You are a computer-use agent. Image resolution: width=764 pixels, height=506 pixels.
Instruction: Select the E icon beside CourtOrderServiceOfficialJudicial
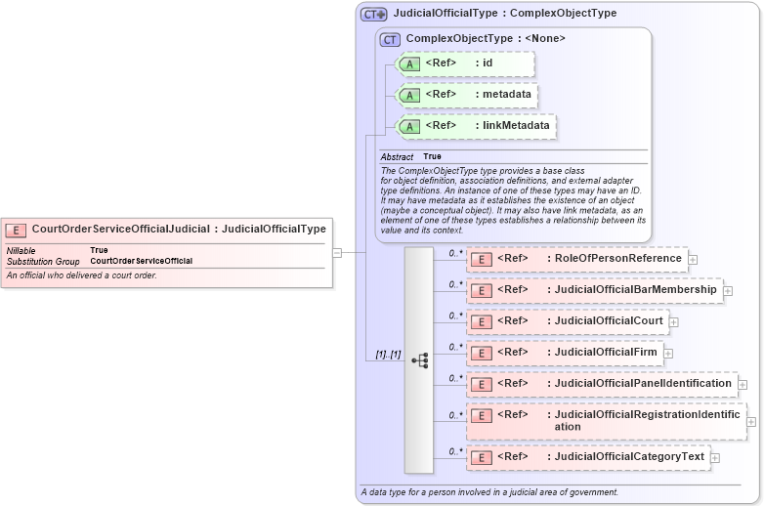coord(17,230)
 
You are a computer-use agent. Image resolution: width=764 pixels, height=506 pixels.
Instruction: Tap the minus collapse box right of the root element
coord(337,252)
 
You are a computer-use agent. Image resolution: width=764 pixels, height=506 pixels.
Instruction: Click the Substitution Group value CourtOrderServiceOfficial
coord(141,261)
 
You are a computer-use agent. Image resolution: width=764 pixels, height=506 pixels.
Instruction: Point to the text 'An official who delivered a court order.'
coord(82,275)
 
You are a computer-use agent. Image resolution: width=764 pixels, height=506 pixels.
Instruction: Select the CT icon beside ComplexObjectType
coord(391,39)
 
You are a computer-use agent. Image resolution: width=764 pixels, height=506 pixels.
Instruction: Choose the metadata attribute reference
coord(467,95)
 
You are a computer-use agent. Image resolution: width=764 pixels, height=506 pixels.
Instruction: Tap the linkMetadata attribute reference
coord(475,126)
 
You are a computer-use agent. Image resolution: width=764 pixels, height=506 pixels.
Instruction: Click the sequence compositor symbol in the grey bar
coord(419,360)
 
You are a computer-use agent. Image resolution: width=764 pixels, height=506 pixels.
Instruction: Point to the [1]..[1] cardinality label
coord(389,355)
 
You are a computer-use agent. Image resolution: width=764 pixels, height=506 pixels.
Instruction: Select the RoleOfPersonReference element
coord(577,259)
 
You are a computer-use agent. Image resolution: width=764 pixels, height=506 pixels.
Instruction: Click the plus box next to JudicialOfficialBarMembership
coord(728,291)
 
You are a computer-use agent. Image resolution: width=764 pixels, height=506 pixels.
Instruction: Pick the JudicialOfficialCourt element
coord(568,321)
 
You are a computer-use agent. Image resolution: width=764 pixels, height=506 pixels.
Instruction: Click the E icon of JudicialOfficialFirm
coord(481,353)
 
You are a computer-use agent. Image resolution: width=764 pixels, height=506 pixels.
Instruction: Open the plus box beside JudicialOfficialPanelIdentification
coord(743,385)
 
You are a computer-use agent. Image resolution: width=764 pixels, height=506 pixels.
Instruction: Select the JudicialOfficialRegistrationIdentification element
coord(606,421)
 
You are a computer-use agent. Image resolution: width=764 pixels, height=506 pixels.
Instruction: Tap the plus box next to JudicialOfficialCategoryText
coord(716,457)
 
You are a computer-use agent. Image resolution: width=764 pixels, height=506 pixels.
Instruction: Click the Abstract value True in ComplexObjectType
coord(432,156)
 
